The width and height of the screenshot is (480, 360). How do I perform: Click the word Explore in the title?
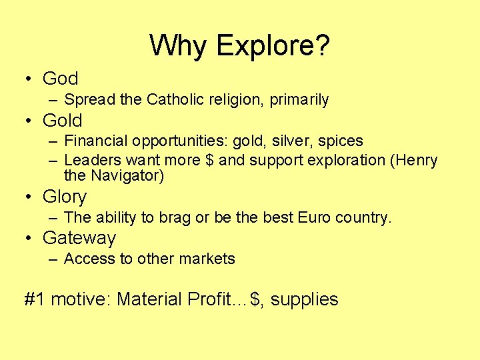pos(273,45)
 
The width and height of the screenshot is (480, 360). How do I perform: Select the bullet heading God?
pos(60,79)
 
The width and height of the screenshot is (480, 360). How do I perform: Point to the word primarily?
pos(299,100)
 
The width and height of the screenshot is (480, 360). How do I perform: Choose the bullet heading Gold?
pos(62,121)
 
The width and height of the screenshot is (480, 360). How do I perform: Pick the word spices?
pos(341,141)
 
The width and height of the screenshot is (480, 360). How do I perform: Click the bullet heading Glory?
pos(65,197)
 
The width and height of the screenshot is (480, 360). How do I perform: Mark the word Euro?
pos(315,217)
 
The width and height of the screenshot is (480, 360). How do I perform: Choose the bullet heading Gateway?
pos(79,238)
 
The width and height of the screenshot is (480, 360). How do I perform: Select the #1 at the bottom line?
pos(35,299)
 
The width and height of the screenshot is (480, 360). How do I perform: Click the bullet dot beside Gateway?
pos(28,239)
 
